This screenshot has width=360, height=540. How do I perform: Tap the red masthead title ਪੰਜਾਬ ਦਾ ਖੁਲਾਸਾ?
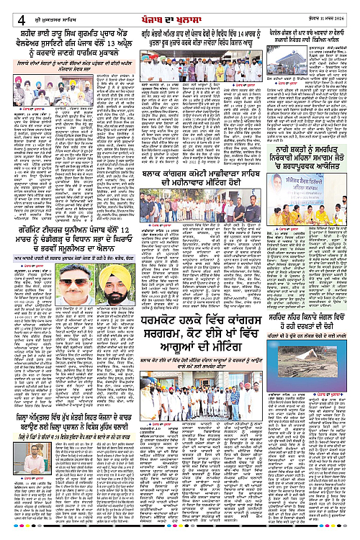pyautogui.click(x=181, y=8)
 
